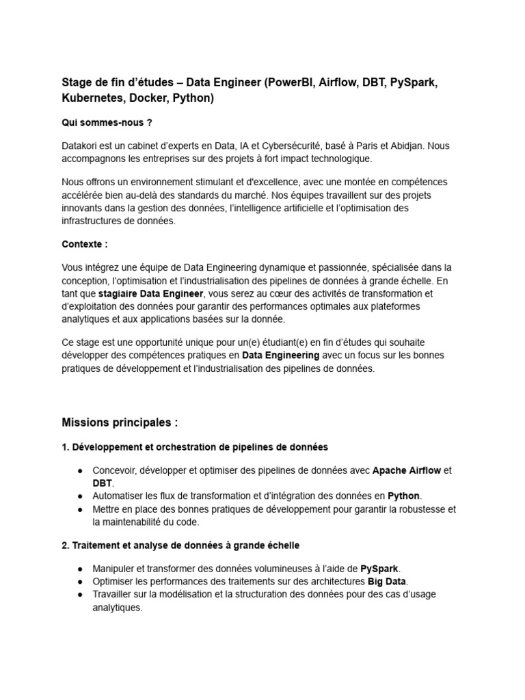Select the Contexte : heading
coord(85,243)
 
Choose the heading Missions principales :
coord(120,422)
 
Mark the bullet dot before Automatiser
coord(81,496)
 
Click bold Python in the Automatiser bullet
coord(404,496)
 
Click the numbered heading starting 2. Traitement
coord(180,546)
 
